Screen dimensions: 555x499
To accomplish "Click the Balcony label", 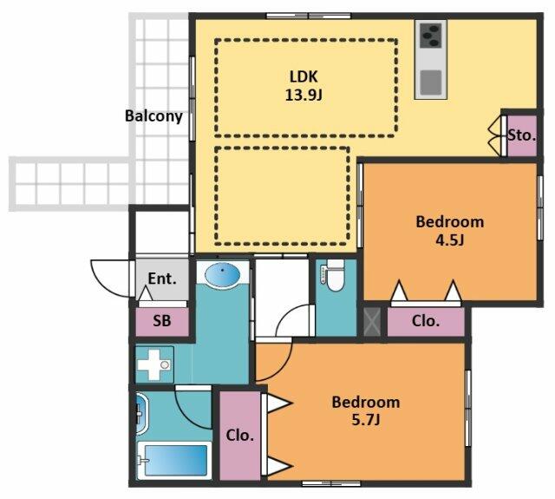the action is click(153, 116).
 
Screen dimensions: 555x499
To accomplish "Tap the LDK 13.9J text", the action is click(304, 86).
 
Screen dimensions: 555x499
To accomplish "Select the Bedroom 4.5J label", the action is click(449, 231).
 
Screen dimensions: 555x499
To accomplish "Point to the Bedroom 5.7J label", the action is click(366, 411).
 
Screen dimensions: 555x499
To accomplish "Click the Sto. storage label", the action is click(521, 135).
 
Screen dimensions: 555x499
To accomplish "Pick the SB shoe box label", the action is click(162, 321).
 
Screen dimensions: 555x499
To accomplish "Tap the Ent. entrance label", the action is click(162, 279).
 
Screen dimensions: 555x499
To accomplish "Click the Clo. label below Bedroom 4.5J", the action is click(426, 321).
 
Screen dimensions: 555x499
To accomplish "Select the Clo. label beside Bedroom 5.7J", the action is click(240, 436).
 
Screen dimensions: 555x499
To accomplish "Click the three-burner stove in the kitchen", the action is click(431, 36).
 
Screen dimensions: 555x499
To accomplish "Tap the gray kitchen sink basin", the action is click(431, 82).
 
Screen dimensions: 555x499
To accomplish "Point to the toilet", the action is click(335, 275).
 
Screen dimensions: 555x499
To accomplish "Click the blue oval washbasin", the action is click(223, 275).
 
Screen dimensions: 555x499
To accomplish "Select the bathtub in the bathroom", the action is click(175, 460).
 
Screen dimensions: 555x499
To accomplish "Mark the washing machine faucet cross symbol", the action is click(154, 364).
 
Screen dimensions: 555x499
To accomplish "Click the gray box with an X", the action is click(372, 322).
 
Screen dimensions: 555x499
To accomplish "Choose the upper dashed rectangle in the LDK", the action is click(306, 88).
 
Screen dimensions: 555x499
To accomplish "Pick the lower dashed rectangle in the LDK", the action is click(282, 196).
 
